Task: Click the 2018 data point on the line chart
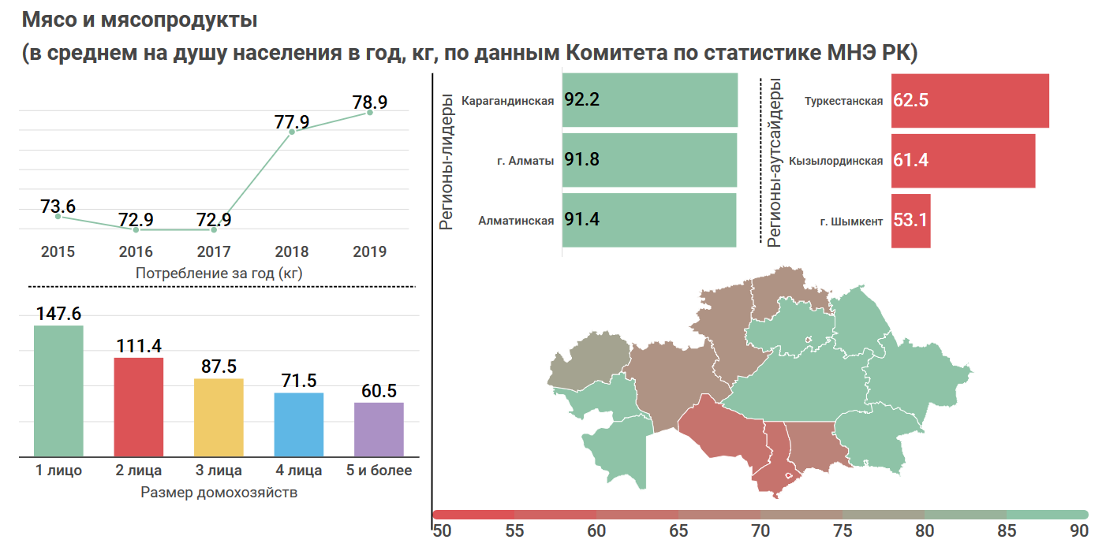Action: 292,132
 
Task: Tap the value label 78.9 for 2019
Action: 370,102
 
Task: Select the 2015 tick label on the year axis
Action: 58,252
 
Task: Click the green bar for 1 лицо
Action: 58,391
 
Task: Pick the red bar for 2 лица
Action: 139,407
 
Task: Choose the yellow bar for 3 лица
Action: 219,417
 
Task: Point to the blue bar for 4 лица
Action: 299,424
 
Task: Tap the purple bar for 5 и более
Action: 379,429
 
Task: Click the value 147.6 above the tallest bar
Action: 58,314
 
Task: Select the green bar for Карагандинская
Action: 650,100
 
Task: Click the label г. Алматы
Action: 525,161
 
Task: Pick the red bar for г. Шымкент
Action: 911,221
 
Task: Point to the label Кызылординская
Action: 835,161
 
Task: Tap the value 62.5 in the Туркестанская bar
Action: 910,101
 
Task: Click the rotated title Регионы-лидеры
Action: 447,162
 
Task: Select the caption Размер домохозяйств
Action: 219,493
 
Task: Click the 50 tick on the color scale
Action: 442,530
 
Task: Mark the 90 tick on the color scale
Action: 1079,530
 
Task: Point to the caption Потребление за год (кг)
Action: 219,273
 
